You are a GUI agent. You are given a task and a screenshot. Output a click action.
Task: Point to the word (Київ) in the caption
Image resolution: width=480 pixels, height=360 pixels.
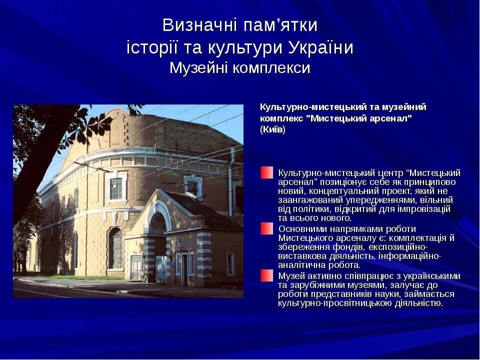pyautogui.click(x=273, y=129)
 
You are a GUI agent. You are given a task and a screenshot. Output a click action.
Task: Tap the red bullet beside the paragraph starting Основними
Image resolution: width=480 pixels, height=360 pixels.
pyautogui.click(x=267, y=228)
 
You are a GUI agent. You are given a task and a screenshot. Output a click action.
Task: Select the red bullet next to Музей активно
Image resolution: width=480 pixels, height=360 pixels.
pyautogui.click(x=267, y=275)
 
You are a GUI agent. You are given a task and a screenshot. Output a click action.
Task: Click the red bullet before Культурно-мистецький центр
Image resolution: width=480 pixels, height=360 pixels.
pyautogui.click(x=267, y=172)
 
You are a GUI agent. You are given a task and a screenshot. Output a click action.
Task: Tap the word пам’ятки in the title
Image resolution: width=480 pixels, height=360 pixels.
pyautogui.click(x=280, y=25)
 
